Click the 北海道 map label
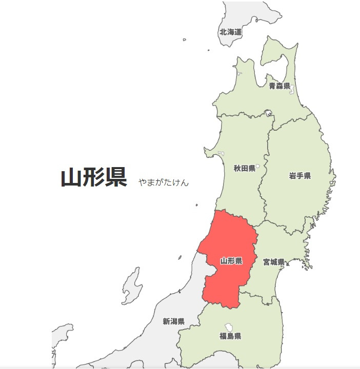pos(230,32)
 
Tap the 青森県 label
pos(279,86)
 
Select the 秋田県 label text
pos(244,168)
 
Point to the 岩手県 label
pos(300,176)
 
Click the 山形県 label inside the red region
pos(231,261)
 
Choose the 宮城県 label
pos(274,262)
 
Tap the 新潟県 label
pos(173,321)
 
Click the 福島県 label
pos(230,336)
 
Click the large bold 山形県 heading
pos(94,178)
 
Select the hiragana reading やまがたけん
pos(163,182)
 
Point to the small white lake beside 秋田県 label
pos(258,166)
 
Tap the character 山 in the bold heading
pos(72,178)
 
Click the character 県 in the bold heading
pos(116,178)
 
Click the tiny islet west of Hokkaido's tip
pos(184,39)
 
